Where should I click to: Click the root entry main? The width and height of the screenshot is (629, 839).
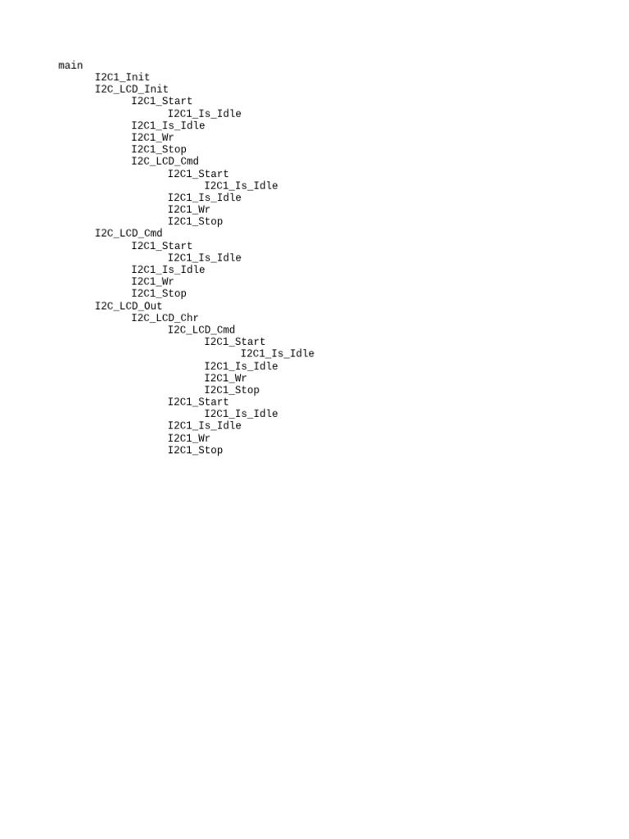click(70, 66)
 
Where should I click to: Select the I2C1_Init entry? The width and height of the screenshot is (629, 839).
click(122, 77)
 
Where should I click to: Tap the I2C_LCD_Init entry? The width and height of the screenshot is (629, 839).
click(131, 89)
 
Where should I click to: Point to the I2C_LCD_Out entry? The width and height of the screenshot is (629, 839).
click(129, 306)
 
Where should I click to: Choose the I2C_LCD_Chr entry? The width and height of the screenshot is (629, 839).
click(165, 318)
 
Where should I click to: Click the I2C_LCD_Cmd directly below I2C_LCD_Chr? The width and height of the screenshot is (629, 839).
click(201, 329)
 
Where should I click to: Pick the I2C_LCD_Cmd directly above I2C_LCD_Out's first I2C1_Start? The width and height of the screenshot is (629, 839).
click(201, 329)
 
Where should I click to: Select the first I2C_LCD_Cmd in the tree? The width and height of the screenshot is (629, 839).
click(165, 161)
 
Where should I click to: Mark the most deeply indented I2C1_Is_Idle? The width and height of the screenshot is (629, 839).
click(277, 354)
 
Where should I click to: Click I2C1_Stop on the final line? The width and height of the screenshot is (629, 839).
click(195, 450)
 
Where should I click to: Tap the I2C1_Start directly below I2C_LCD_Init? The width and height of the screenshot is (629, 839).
click(162, 102)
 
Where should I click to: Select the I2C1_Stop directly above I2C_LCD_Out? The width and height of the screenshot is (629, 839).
click(159, 293)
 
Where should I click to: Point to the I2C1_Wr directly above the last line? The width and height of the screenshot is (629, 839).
click(189, 438)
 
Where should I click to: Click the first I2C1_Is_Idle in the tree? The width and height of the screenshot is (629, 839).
click(205, 114)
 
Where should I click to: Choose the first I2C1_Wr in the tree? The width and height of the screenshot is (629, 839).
click(152, 138)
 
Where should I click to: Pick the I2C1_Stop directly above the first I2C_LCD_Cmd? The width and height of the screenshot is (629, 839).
click(159, 149)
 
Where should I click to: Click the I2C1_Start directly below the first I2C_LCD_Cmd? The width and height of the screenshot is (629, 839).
click(198, 174)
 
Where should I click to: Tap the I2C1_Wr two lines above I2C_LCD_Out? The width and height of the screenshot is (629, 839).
click(152, 282)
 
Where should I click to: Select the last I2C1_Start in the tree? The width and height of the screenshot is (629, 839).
click(198, 401)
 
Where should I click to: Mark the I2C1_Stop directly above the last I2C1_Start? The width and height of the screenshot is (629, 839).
click(232, 390)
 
